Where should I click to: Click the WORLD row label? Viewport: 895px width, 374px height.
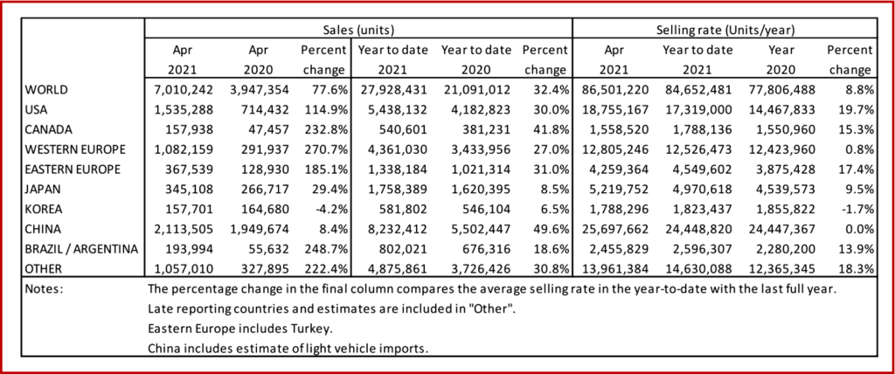click(x=46, y=90)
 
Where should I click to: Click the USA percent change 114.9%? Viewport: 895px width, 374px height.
click(x=328, y=110)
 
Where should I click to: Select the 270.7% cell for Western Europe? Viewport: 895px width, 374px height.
click(x=328, y=149)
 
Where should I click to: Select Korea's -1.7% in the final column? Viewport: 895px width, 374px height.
click(x=855, y=209)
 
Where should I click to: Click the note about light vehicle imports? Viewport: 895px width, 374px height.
click(x=288, y=349)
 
